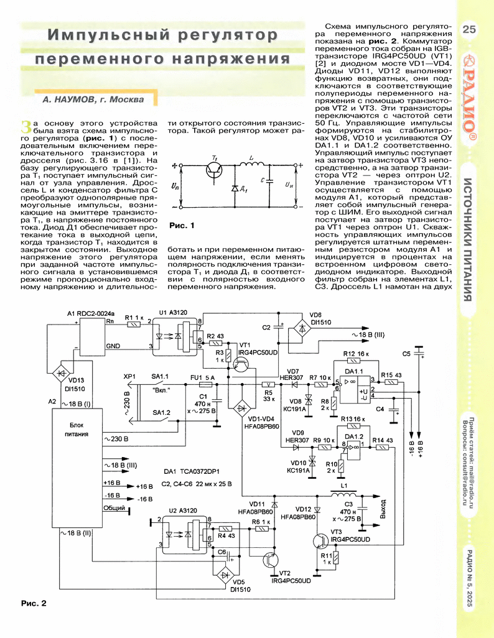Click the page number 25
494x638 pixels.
(468, 29)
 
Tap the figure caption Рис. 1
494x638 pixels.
(182, 226)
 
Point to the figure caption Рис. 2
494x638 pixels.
(34, 603)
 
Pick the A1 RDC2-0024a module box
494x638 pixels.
(92, 337)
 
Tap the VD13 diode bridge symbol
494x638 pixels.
(61, 372)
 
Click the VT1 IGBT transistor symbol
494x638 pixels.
(242, 364)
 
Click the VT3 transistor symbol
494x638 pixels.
(321, 541)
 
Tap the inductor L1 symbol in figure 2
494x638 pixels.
(343, 495)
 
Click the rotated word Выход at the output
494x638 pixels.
(383, 509)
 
